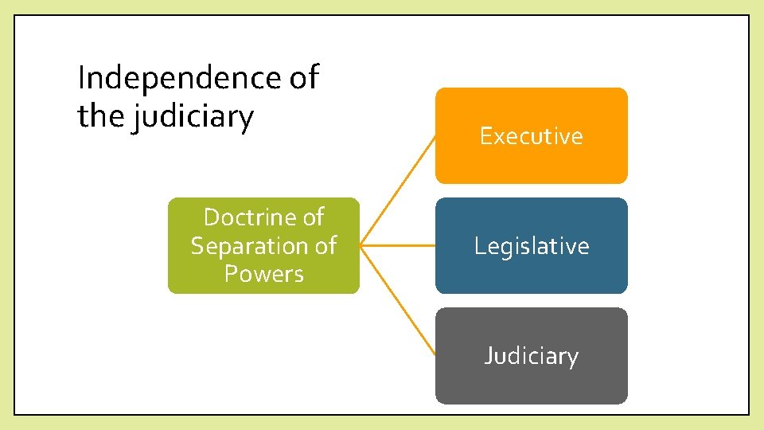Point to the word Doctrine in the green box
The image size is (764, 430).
coord(249,217)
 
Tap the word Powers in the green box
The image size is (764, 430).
coord(264,274)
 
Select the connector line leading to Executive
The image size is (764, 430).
coord(397,191)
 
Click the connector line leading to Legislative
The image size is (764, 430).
coord(397,246)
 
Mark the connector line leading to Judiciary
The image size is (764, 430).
coord(397,300)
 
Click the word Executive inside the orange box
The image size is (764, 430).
coord(531,136)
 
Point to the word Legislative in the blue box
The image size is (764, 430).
coord(531,246)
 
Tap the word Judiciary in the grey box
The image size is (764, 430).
coord(531,355)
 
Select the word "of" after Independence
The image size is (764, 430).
coord(302,78)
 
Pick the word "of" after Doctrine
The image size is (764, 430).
coord(310,217)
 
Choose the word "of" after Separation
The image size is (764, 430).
coord(324,245)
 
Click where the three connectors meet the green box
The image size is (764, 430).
coord(361,246)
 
